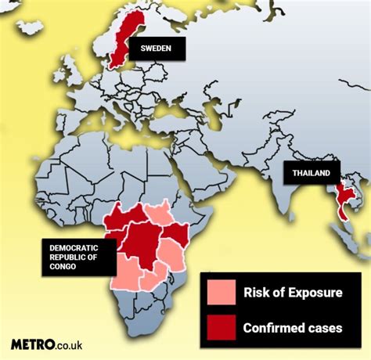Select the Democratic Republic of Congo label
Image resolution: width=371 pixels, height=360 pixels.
78,255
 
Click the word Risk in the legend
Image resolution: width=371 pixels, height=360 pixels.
255,293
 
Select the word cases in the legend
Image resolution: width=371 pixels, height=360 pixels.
325,327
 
